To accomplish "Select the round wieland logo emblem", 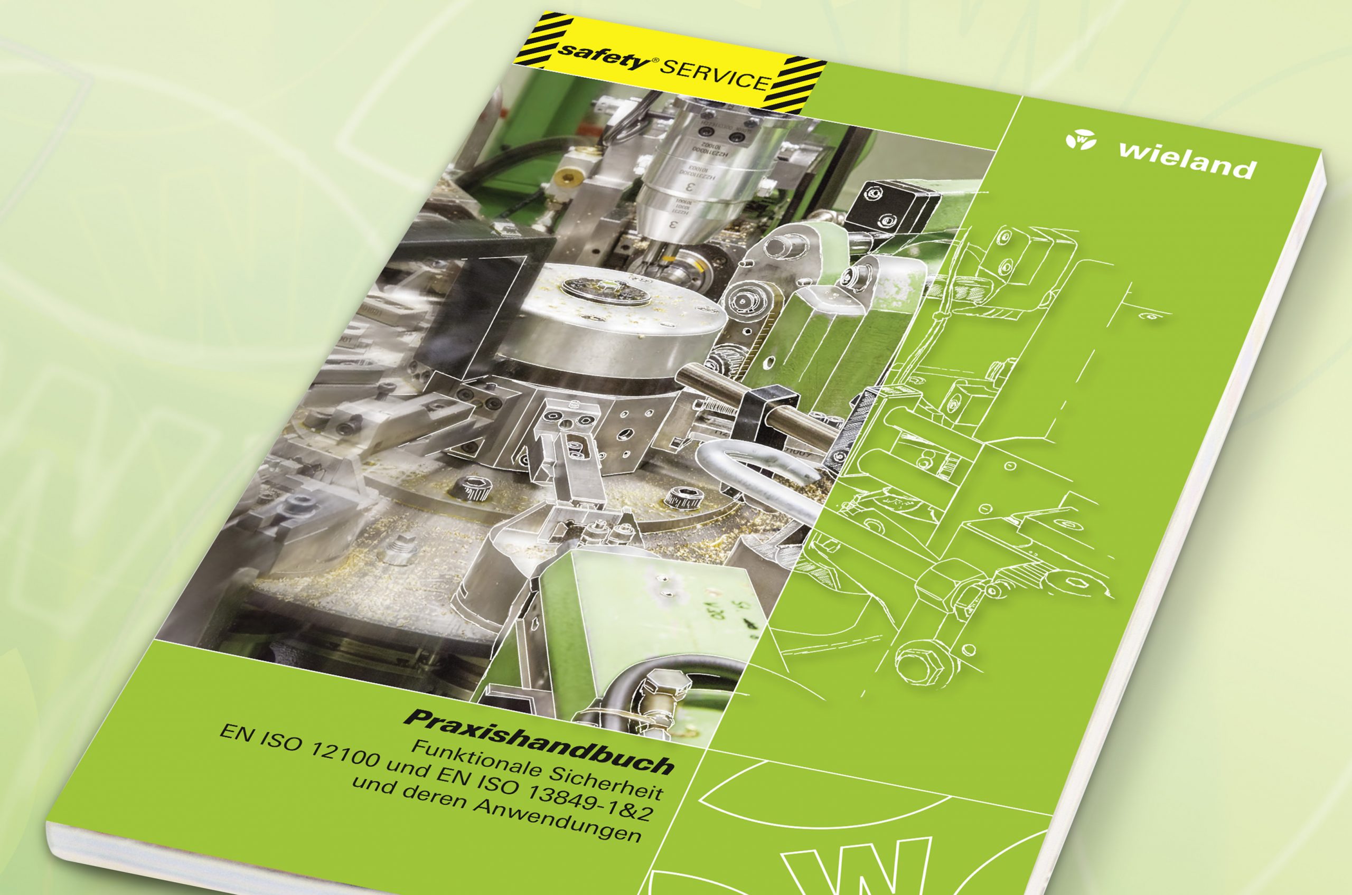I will click(1080, 139).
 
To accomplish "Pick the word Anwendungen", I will click(557, 822).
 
